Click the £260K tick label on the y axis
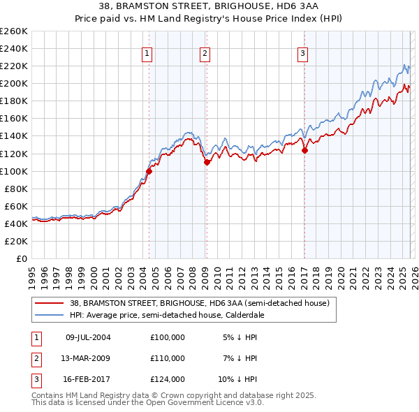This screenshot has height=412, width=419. (14, 31)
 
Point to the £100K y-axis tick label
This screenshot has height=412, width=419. (14, 171)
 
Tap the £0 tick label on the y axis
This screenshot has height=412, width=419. (21, 258)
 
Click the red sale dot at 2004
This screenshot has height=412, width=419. (149, 170)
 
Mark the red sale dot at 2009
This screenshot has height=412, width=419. (207, 162)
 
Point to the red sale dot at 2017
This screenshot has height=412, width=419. (304, 149)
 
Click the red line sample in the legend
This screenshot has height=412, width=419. (50, 303)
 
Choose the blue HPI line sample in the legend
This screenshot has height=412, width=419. (50, 315)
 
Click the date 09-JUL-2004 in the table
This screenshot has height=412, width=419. (88, 337)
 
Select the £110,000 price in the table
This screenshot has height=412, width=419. (168, 358)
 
